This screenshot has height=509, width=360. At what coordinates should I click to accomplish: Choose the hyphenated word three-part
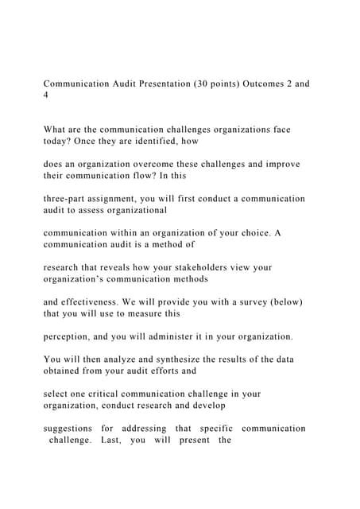66,199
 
